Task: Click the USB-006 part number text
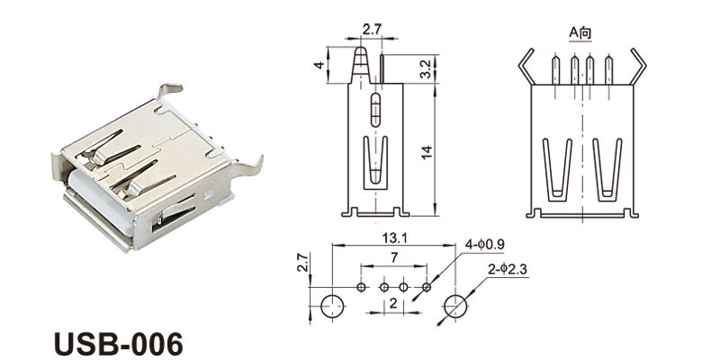pyautogui.click(x=119, y=344)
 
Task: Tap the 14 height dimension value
pyautogui.click(x=427, y=152)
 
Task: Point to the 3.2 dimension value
pyautogui.click(x=426, y=69)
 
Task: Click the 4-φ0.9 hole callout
pyautogui.click(x=484, y=245)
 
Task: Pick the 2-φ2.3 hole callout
pyautogui.click(x=508, y=270)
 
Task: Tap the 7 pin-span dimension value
pyautogui.click(x=394, y=258)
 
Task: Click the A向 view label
pyautogui.click(x=580, y=33)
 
